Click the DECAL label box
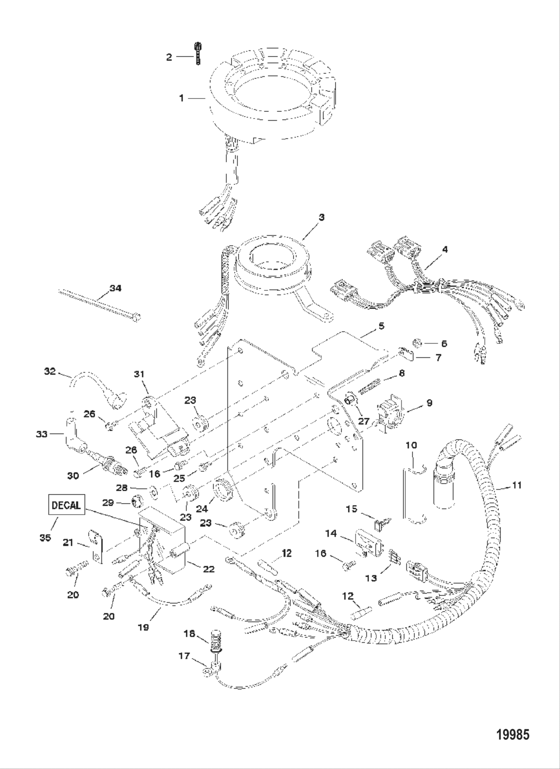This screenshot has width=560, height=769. click(x=66, y=505)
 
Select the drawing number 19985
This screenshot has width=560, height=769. click(x=512, y=734)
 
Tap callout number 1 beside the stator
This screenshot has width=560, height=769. click(x=181, y=99)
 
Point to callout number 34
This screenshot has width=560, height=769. click(x=115, y=289)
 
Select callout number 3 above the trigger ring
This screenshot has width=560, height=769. click(x=321, y=217)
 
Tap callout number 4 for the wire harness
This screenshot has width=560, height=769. click(x=444, y=248)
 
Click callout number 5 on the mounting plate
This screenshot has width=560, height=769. click(x=381, y=326)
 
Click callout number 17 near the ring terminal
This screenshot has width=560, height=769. click(x=184, y=655)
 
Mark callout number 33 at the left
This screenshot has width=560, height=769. click(x=41, y=434)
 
